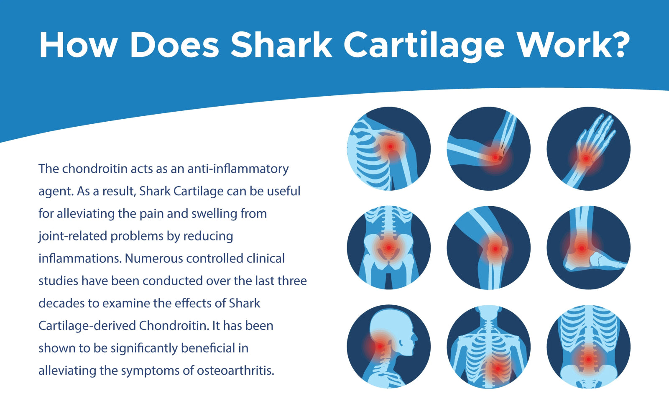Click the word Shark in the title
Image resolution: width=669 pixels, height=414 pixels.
281,44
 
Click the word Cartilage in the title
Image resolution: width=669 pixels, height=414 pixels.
424,45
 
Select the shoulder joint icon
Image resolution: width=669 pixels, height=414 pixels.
388,148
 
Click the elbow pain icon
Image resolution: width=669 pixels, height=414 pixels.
488,148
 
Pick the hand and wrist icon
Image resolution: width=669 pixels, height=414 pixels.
588,148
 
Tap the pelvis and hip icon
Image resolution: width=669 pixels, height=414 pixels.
388,248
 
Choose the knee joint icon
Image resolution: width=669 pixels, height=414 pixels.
488,248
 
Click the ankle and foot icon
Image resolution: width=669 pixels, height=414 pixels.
588,248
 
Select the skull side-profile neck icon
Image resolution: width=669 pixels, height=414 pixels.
388,346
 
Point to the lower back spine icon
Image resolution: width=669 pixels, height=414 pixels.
588,346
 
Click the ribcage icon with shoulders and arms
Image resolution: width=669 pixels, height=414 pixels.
488,346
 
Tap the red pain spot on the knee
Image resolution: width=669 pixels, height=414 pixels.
495,249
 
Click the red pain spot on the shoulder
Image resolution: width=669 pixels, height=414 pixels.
390,146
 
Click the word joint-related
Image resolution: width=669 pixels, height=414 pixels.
73,236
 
